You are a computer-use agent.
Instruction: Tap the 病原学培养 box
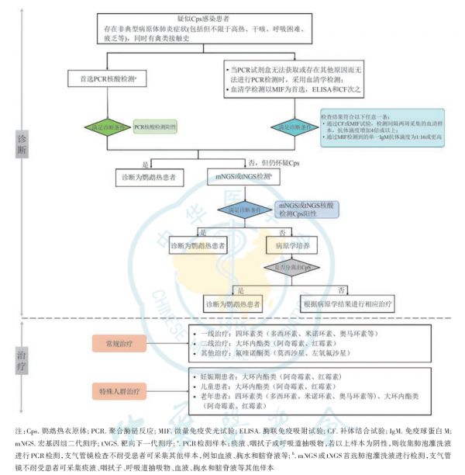pyautogui.click(x=281, y=247)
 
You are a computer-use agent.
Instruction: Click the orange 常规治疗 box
pyautogui.click(x=121, y=342)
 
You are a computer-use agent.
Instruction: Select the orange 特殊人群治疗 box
pyautogui.click(x=121, y=390)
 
